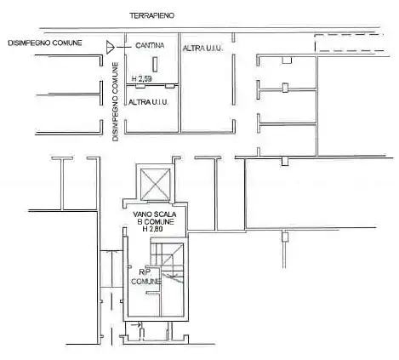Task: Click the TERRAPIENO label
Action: (x=152, y=15)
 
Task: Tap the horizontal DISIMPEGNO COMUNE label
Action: (x=45, y=43)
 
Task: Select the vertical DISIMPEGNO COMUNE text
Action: (x=116, y=102)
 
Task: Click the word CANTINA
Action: (x=150, y=45)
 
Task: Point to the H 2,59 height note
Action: (x=141, y=78)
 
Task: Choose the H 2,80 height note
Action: (x=152, y=229)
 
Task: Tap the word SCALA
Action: (x=165, y=214)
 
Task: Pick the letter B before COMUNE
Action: (x=140, y=222)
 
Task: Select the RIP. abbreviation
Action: (x=145, y=272)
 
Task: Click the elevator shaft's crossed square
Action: (x=156, y=184)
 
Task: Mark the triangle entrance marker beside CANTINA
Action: (x=110, y=47)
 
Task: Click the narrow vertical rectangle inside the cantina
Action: (x=155, y=64)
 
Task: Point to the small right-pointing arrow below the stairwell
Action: (x=136, y=324)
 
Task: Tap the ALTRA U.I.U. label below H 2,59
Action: (x=148, y=102)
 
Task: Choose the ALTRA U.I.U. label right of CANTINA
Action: (x=202, y=49)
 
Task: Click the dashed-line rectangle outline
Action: (x=349, y=43)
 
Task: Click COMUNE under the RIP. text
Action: (x=145, y=282)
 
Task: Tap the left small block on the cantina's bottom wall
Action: (x=140, y=86)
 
